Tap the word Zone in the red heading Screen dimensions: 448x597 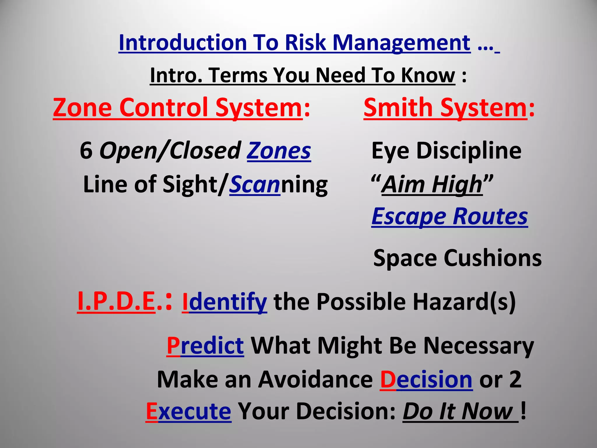(x=82, y=108)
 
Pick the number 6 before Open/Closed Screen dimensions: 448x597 (x=86, y=151)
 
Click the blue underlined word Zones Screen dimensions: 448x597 (x=279, y=151)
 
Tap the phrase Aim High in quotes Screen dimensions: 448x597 (x=432, y=184)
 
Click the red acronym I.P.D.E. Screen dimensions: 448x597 (x=117, y=302)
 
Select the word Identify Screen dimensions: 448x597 (x=224, y=302)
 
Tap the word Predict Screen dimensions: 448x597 (x=205, y=346)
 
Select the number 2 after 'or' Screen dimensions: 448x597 (x=515, y=379)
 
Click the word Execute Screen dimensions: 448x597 (x=189, y=411)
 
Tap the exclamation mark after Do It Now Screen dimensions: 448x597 (x=524, y=411)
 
